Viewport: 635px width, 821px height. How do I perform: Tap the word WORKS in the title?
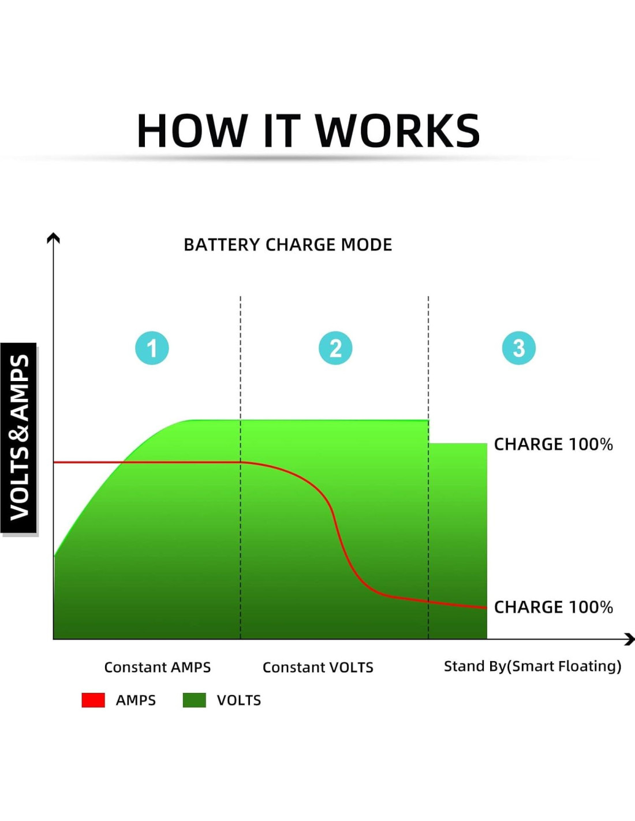tap(398, 131)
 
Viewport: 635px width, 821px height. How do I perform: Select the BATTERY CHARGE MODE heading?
tap(287, 245)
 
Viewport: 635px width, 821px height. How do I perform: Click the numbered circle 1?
tap(152, 348)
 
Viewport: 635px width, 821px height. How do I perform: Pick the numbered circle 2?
tap(335, 348)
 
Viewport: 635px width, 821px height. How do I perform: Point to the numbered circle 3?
tap(518, 348)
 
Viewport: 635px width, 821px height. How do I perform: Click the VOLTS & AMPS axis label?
tap(19, 438)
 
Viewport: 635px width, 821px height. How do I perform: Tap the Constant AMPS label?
tap(157, 667)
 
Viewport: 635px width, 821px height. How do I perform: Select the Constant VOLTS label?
tap(317, 667)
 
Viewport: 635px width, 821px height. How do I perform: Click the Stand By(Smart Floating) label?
tap(532, 666)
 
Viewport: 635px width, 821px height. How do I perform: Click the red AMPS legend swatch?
tap(93, 700)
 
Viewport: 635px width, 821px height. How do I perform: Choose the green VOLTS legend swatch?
tap(194, 700)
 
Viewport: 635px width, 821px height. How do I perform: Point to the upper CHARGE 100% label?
tap(553, 445)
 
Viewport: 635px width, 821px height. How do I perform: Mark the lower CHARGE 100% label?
tap(553, 607)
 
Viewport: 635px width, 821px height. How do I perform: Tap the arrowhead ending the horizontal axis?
tap(630, 639)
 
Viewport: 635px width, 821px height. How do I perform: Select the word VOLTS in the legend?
tap(239, 700)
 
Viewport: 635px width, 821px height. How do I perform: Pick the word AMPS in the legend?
tap(136, 700)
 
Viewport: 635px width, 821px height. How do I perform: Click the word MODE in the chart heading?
tap(367, 245)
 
